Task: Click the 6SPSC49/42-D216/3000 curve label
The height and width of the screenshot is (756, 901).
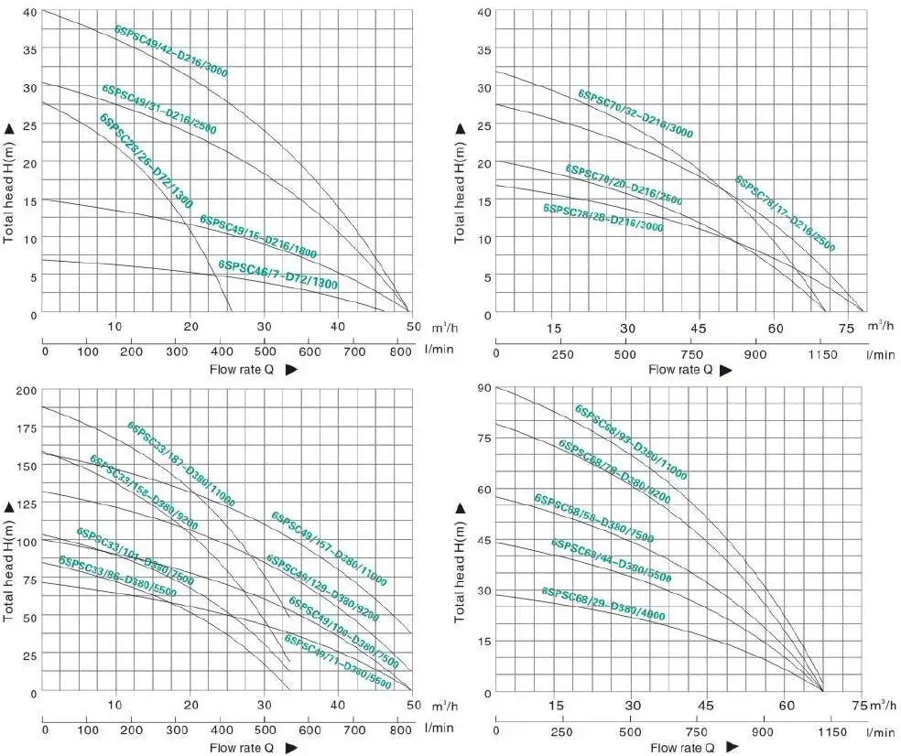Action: [x=171, y=51]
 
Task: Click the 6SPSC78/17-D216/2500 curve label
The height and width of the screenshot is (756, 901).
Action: [x=785, y=213]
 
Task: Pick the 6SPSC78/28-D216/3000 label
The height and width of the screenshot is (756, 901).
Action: [x=602, y=217]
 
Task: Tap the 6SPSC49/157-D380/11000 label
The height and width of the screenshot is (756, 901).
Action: [x=329, y=548]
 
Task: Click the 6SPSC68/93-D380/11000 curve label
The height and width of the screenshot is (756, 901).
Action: [x=630, y=442]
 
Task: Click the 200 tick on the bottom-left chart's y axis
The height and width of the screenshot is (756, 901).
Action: [x=27, y=391]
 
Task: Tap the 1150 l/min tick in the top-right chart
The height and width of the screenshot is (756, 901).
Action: [x=821, y=354]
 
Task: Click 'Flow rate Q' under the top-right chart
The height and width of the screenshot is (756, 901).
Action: [x=680, y=370]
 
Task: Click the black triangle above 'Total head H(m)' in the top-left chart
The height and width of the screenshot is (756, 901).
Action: [x=9, y=130]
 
